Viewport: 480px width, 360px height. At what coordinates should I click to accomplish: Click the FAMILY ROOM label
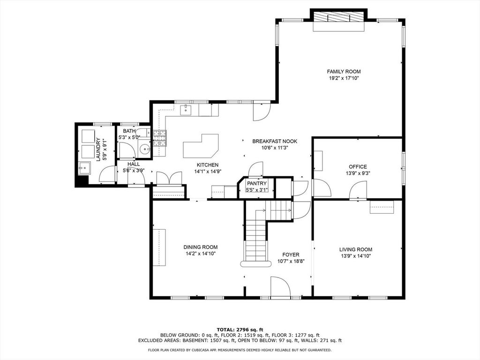(x=344, y=72)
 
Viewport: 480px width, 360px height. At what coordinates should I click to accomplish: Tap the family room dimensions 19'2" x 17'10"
(x=344, y=78)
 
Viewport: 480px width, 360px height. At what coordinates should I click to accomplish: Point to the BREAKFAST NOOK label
(x=275, y=142)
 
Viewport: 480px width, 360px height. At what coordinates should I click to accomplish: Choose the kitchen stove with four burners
(x=160, y=138)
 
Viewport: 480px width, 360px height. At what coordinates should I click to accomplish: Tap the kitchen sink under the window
(x=186, y=110)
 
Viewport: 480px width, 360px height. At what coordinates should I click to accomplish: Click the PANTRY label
(x=257, y=183)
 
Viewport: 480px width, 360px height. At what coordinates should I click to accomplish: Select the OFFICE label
(x=358, y=167)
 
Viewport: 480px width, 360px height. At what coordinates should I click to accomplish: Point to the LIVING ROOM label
(x=356, y=249)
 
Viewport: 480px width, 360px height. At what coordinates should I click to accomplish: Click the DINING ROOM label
(x=201, y=247)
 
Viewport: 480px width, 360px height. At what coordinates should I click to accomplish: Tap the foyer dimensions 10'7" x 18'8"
(x=291, y=262)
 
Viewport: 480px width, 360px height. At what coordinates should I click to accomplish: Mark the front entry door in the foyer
(x=280, y=287)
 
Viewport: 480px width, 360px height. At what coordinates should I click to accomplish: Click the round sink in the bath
(x=144, y=150)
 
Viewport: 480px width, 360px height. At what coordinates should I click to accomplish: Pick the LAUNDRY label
(x=98, y=150)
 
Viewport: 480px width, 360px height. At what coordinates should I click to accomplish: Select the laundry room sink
(x=84, y=168)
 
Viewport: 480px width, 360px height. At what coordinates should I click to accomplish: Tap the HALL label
(x=134, y=164)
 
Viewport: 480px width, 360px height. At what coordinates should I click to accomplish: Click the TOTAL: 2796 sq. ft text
(x=240, y=330)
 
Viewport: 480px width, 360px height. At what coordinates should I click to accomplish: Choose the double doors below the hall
(x=169, y=179)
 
